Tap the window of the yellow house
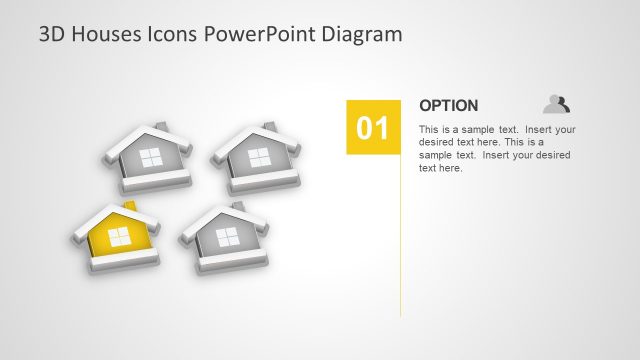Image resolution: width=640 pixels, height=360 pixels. click(x=118, y=236)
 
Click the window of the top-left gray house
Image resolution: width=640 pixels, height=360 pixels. click(x=150, y=157)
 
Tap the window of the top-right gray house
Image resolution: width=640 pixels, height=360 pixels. click(x=259, y=156)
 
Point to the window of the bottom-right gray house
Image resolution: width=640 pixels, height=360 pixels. click(x=227, y=237)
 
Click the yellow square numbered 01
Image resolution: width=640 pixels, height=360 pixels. click(x=373, y=127)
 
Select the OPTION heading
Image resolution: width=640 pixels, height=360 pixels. click(x=448, y=105)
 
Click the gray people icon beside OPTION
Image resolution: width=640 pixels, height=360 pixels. click(x=556, y=103)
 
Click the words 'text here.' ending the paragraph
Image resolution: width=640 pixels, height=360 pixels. click(x=440, y=168)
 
